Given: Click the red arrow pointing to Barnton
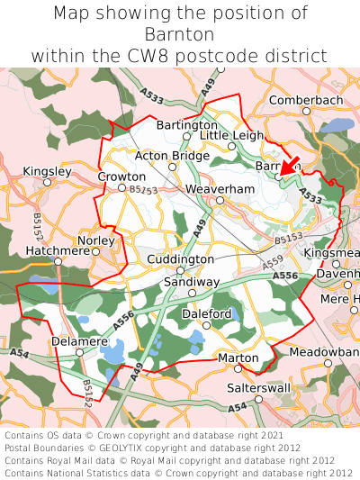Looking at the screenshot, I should point(289,165).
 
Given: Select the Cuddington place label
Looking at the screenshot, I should point(180,258).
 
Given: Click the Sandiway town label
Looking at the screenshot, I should point(191,282).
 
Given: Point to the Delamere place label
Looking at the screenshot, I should point(80,342).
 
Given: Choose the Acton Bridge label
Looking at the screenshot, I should point(172,156).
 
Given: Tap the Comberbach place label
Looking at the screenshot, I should point(306,100).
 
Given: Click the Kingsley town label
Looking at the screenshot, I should point(47,170).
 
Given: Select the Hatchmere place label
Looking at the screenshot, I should point(58,251).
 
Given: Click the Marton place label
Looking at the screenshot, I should point(238,358).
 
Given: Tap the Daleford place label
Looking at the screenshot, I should point(207,313).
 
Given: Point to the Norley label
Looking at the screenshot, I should point(96,241).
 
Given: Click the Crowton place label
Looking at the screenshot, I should point(121,177).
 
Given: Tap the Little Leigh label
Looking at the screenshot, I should point(232,134).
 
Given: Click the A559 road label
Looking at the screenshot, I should point(273,262).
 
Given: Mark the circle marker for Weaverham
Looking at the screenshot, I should point(220,200).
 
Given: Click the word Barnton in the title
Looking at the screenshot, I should point(180,34).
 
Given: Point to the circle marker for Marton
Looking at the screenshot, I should point(239,369).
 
